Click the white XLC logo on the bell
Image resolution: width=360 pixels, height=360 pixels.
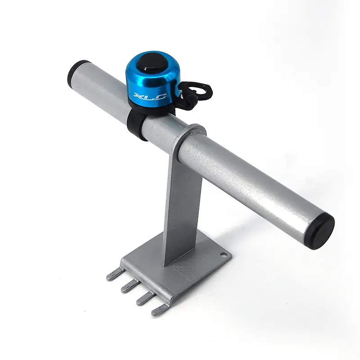click(150, 95)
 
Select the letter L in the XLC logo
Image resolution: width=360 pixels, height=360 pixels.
click(150, 96)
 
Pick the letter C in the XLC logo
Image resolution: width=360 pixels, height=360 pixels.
click(160, 95)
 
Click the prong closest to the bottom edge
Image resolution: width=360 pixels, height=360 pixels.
click(160, 310)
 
